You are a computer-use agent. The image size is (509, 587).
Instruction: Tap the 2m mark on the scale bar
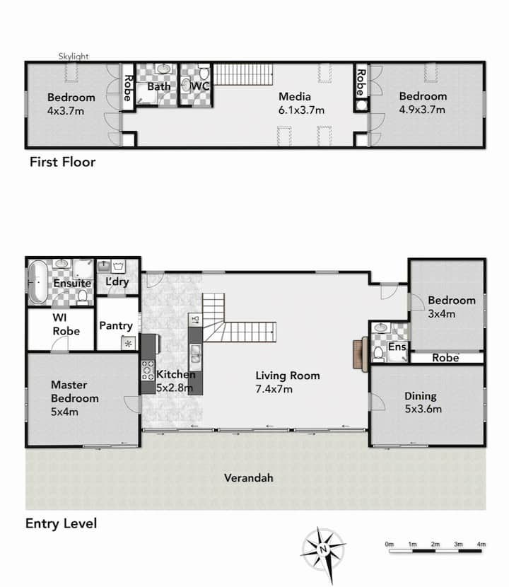(435, 545)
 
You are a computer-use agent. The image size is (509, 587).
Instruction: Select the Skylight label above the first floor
(74, 56)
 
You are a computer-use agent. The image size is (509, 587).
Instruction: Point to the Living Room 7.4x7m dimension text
(274, 390)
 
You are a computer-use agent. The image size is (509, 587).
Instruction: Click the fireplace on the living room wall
(360, 354)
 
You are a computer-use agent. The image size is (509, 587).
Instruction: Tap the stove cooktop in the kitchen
(148, 371)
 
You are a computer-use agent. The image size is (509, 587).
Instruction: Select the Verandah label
(249, 477)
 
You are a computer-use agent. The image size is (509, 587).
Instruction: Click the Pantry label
(116, 326)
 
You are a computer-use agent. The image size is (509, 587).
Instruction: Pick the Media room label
(295, 97)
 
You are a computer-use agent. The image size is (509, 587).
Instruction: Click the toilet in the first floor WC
(204, 73)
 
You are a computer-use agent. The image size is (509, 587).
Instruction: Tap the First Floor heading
(62, 162)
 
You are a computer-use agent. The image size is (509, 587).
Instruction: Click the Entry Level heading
(61, 523)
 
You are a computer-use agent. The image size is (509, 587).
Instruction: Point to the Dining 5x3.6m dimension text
(423, 409)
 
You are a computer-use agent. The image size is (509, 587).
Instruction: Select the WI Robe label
(66, 324)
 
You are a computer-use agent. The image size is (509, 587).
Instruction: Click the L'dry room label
(117, 281)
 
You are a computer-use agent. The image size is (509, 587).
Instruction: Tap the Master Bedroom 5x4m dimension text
(64, 412)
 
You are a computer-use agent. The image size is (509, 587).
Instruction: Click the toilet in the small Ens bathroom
(378, 354)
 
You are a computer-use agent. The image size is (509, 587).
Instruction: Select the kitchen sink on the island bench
(195, 354)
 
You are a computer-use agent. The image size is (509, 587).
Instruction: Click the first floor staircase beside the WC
(243, 74)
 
